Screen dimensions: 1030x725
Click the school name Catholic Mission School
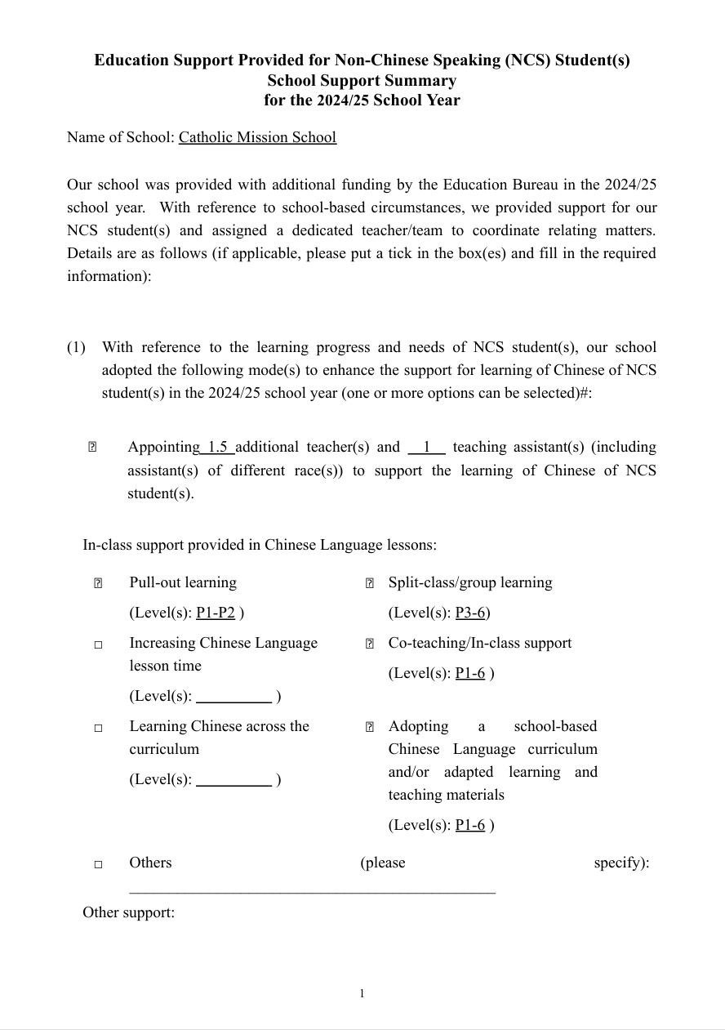click(x=257, y=137)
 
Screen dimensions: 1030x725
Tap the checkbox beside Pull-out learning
click(x=97, y=583)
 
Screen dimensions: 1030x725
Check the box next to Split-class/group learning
click(x=369, y=583)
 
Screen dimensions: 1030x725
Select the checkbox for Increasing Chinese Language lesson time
click(x=98, y=644)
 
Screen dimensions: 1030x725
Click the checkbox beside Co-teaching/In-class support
click(x=369, y=644)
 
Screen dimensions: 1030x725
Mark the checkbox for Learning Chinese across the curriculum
click(x=98, y=728)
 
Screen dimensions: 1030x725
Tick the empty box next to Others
click(x=98, y=864)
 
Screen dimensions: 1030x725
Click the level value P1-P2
click(x=216, y=613)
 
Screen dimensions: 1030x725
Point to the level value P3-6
click(x=471, y=613)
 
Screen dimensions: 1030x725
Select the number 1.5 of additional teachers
click(x=217, y=447)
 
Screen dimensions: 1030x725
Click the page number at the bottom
click(x=362, y=993)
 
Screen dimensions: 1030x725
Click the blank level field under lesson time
click(x=234, y=697)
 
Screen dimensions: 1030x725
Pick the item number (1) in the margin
click(x=76, y=347)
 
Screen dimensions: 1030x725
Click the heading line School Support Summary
click(x=362, y=80)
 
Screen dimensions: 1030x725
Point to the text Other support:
click(x=128, y=912)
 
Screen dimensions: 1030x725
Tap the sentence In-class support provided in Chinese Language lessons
click(x=260, y=545)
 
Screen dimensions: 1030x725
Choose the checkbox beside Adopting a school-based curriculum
click(x=369, y=727)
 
